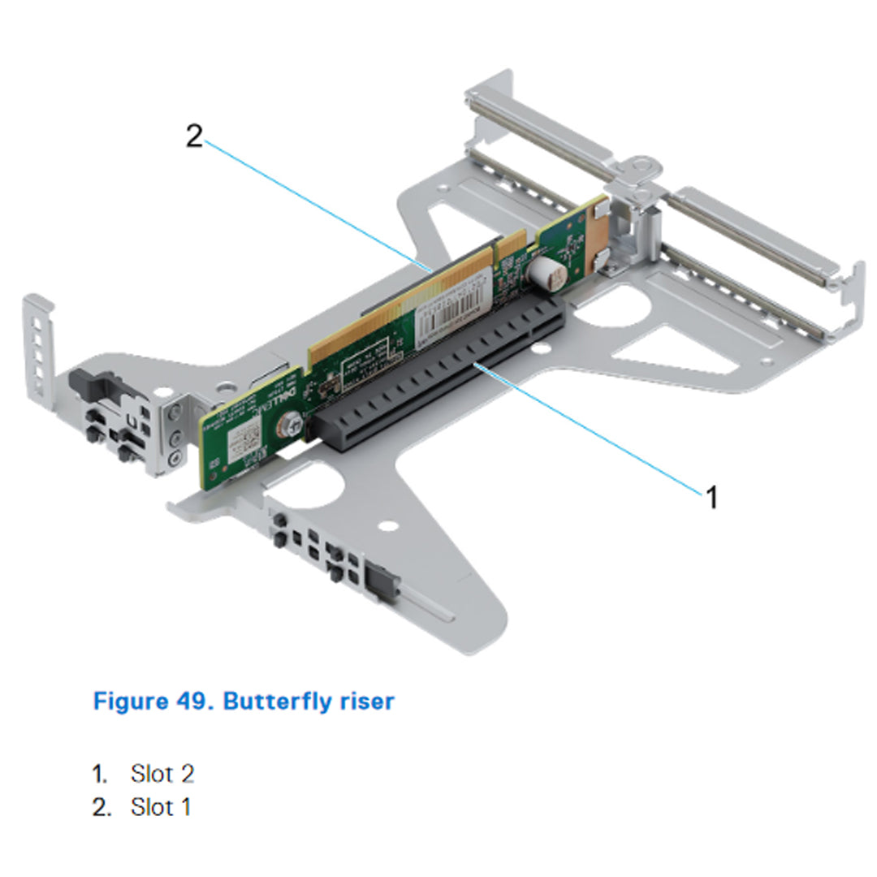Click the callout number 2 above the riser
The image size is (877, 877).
(x=193, y=136)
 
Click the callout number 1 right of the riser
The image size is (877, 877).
(x=711, y=497)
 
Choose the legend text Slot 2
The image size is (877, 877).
(x=162, y=774)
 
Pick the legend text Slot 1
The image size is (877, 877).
(x=161, y=808)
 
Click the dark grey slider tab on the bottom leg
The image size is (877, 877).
(x=380, y=580)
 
